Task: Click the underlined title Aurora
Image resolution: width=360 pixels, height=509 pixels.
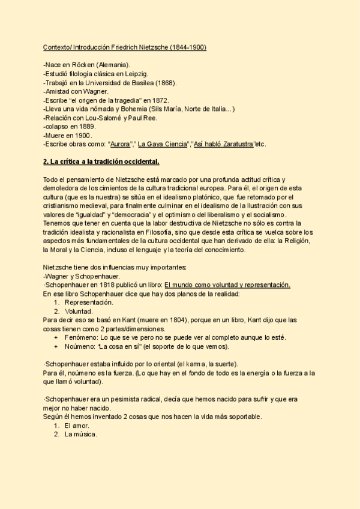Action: tap(120, 145)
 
